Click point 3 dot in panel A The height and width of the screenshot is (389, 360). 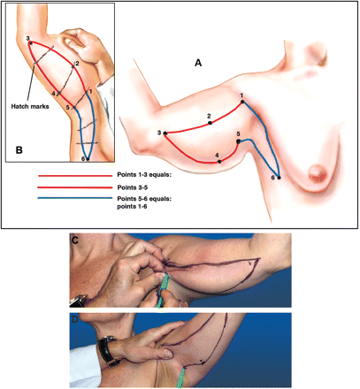coord(165,133)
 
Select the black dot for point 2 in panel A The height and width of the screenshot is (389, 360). coord(210,123)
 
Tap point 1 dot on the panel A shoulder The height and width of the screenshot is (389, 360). coord(242,102)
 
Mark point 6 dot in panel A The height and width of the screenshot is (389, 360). coord(279,178)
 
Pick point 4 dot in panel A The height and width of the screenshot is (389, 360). coord(219,162)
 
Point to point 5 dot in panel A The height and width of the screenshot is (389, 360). coord(238,141)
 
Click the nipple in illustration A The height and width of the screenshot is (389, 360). coord(317,173)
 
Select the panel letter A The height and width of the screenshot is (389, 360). coord(198,63)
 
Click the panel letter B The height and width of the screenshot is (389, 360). coord(19,150)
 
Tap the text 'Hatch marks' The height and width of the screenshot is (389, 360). coord(30,106)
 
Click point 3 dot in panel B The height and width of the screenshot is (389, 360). coord(30,42)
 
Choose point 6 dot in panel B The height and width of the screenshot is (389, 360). coord(88,159)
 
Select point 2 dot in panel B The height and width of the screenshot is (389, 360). coord(73,66)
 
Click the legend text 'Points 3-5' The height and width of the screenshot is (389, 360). coord(132,187)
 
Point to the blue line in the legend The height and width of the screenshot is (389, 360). coord(75,198)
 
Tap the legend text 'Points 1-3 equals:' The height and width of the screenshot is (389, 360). coord(144,174)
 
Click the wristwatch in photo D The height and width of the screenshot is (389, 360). coord(107,350)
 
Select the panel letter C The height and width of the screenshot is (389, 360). coord(75,240)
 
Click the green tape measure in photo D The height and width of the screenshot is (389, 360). coord(180,377)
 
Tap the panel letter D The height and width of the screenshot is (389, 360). coord(75,319)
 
